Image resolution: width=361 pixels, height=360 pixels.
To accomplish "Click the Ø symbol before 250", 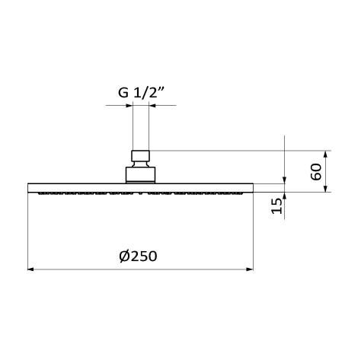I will [x=125, y=256].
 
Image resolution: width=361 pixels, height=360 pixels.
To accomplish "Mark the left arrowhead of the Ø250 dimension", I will [x=31, y=269].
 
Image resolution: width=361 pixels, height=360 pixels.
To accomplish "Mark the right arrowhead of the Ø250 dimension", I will [x=250, y=269].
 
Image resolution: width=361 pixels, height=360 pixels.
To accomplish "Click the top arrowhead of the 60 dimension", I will [x=326, y=153].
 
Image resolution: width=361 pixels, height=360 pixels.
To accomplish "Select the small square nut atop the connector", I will [x=141, y=158].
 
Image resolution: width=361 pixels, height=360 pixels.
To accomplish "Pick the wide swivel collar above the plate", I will [x=141, y=174].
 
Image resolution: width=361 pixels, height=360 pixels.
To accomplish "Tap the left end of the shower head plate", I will [x=30, y=187].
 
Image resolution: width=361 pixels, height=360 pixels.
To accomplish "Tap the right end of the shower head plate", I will [x=252, y=187].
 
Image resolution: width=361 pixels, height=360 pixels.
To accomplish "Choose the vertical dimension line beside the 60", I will [x=326, y=171].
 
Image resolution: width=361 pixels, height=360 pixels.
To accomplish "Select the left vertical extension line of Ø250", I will [x=28, y=232].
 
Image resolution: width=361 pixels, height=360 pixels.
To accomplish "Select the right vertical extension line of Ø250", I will [x=254, y=232].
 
